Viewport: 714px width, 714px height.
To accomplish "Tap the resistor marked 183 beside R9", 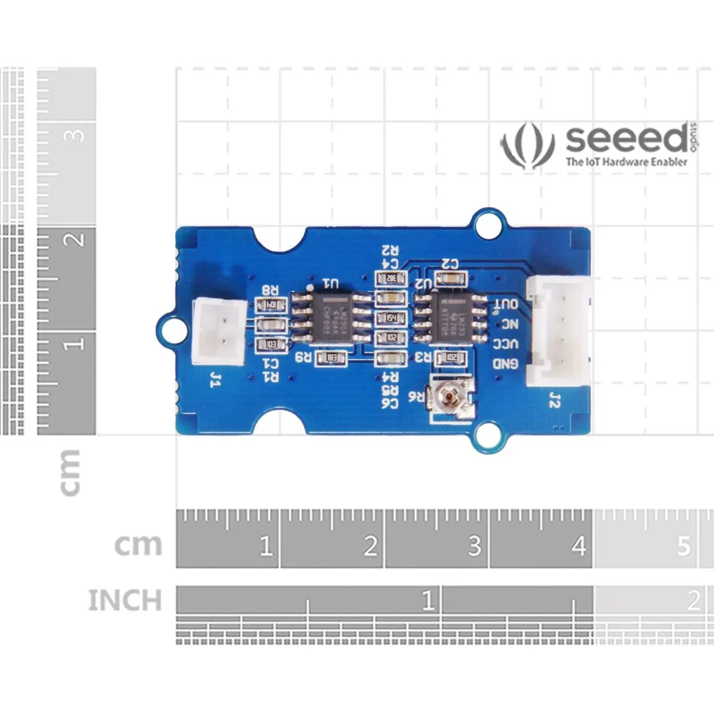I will (331, 358).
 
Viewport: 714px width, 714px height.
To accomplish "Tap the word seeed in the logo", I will (625, 139).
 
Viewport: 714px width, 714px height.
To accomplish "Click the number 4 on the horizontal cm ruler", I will (578, 547).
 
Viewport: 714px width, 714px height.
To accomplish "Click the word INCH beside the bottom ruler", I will (125, 600).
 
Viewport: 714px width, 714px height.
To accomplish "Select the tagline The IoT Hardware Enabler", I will (625, 162).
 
